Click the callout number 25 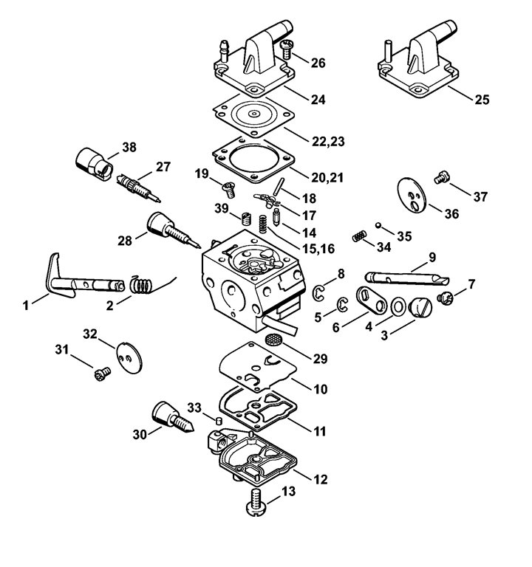tap(482, 100)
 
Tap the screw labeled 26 tap(286, 49)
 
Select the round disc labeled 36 tap(412, 195)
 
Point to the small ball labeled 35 tap(378, 225)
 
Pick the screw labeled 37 tap(442, 177)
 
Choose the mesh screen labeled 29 tap(275, 339)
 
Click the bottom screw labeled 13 tap(256, 502)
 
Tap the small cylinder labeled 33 tap(218, 421)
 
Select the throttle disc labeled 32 tap(129, 357)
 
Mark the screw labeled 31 tap(102, 374)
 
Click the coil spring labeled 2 tap(140, 284)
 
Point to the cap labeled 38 tap(94, 164)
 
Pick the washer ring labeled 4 tap(398, 307)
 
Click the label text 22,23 tap(328, 141)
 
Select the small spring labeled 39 tap(246, 219)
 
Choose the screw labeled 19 tap(229, 190)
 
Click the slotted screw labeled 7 tap(445, 298)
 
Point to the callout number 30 tap(140, 434)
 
